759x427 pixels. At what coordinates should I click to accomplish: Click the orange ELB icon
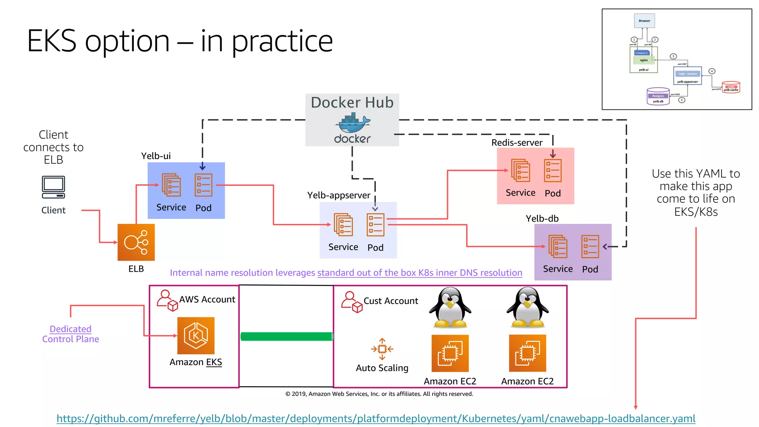point(136,242)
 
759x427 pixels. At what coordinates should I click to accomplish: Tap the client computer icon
point(53,187)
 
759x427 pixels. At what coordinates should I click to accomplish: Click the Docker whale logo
point(352,124)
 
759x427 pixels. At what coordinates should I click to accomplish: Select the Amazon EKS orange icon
point(196,335)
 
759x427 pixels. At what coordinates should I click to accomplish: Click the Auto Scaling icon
point(382,349)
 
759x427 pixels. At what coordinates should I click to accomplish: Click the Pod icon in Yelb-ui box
point(203,185)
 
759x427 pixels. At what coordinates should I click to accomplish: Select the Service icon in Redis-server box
point(520,171)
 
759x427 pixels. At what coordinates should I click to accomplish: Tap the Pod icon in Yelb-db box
point(590,246)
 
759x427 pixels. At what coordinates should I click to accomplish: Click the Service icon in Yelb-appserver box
point(343,225)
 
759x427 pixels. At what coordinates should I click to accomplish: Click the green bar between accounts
point(286,337)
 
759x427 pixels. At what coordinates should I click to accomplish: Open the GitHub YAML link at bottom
point(376,418)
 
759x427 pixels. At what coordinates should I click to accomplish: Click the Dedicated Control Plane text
point(70,334)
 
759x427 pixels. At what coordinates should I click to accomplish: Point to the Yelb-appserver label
point(338,195)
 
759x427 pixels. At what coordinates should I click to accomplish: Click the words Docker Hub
point(352,102)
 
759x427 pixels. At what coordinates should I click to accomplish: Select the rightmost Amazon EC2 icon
point(527,353)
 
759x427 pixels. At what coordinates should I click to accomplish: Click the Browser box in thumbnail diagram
point(644,21)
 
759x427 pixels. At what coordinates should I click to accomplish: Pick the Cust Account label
point(391,301)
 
